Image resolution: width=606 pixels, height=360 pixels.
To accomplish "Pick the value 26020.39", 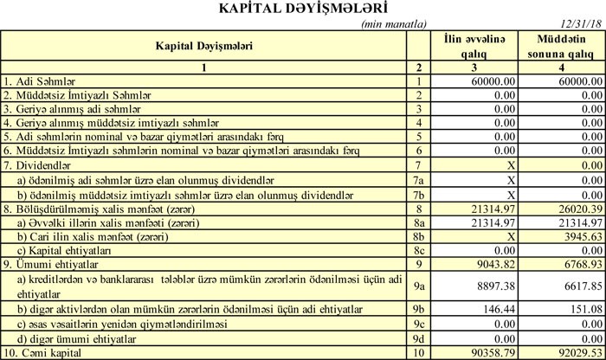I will click(x=579, y=209).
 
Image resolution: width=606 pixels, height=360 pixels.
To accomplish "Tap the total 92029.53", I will click(x=579, y=353).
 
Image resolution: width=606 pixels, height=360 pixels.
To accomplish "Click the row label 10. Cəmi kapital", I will click(x=43, y=353).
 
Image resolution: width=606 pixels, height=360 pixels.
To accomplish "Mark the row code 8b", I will click(x=418, y=235).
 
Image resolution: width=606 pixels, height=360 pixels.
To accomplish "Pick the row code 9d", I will click(x=418, y=337).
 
